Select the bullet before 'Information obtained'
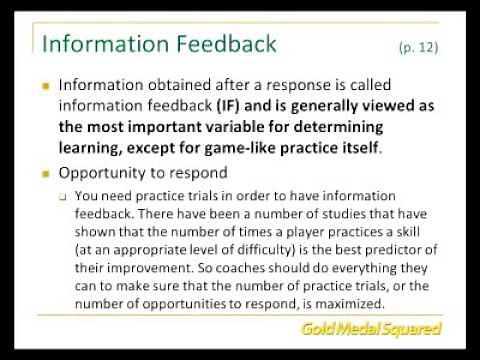click(44, 86)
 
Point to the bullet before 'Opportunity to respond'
click(44, 173)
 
